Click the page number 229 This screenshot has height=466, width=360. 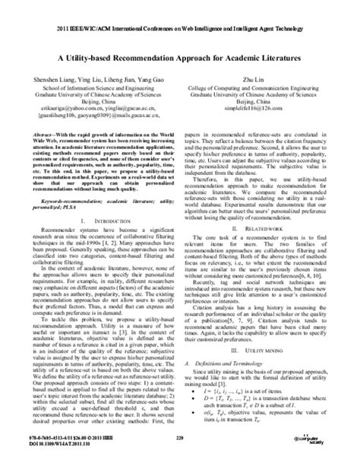point(180,438)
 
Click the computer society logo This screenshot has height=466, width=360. point(326,441)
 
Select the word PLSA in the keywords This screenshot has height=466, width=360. point(84,185)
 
